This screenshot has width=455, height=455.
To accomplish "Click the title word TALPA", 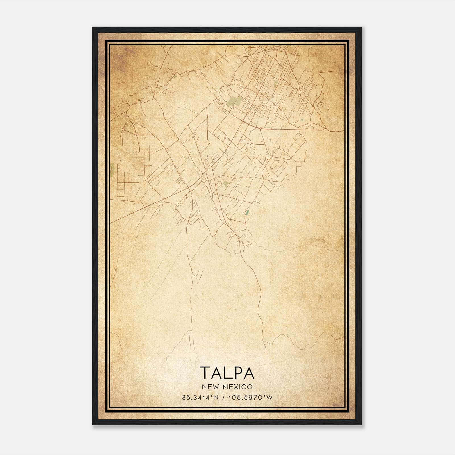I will (227, 373).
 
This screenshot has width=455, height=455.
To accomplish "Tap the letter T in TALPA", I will (206, 373).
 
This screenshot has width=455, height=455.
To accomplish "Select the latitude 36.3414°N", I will (200, 398).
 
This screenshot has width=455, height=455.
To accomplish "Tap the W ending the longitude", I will (270, 398).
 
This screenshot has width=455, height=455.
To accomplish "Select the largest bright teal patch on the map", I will (247, 212).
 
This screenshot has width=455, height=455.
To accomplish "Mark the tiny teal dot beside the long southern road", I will (257, 320).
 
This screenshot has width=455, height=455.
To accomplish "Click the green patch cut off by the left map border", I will (112, 169).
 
